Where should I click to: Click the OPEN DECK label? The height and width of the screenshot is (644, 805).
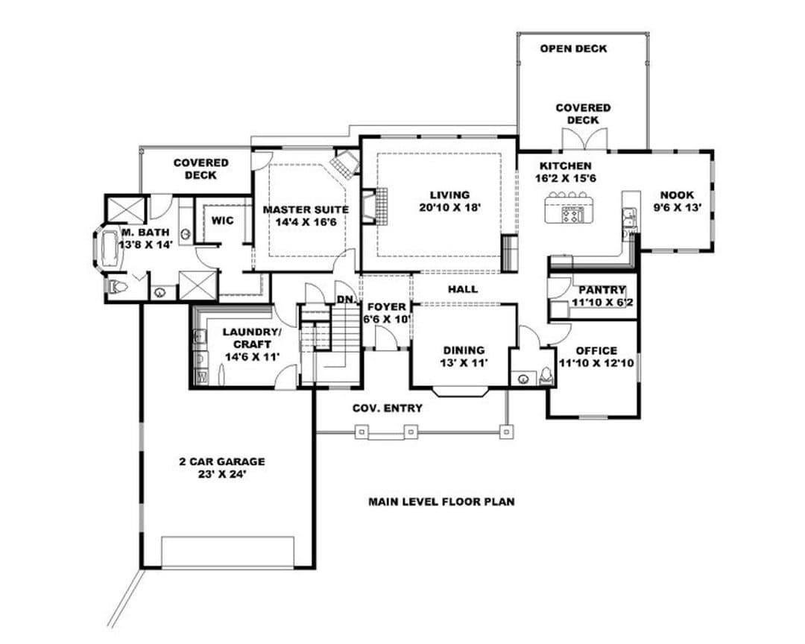click(x=573, y=48)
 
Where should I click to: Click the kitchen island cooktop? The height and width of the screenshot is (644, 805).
click(x=573, y=214)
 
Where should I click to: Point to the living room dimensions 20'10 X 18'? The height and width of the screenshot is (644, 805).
click(x=449, y=207)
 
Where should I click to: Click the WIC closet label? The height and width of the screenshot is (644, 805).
click(x=222, y=221)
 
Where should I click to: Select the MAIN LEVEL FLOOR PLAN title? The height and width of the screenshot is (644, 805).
click(x=441, y=501)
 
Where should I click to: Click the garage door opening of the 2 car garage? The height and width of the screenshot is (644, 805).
click(x=228, y=552)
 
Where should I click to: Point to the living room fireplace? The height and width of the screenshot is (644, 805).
click(x=374, y=207)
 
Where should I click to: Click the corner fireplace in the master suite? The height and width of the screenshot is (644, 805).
click(x=344, y=163)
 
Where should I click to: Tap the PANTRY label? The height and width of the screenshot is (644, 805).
click(x=602, y=290)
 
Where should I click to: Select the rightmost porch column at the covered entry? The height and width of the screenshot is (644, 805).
click(x=507, y=432)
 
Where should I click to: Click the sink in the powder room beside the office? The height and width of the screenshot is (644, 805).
click(x=523, y=379)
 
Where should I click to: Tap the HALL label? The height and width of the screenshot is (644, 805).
click(x=463, y=290)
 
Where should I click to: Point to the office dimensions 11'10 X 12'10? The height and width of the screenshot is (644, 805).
click(x=596, y=363)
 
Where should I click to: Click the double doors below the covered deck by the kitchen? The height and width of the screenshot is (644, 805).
click(x=585, y=140)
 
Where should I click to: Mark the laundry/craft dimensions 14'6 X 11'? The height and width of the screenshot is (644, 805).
click(x=252, y=356)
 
